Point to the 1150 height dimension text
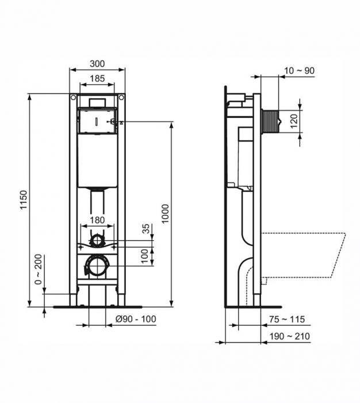23,199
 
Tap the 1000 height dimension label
165,214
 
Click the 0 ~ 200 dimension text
38,270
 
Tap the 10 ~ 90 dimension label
299,71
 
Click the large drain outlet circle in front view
96,266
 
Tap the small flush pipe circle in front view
98,240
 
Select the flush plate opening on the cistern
97,120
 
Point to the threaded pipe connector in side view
270,121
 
